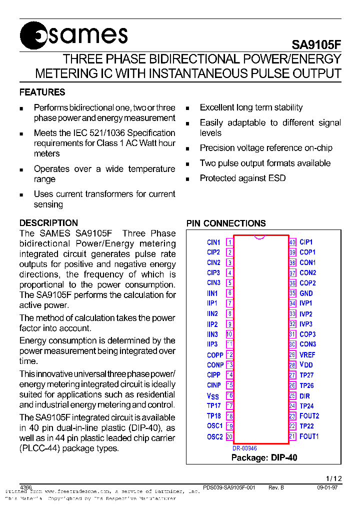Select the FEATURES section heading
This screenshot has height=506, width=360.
(x=42, y=92)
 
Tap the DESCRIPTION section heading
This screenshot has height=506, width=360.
(x=48, y=223)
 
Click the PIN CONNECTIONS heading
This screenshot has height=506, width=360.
(x=226, y=223)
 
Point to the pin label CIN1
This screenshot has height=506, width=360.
(x=213, y=242)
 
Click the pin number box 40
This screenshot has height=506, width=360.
(x=292, y=242)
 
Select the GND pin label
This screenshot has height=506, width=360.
(x=306, y=293)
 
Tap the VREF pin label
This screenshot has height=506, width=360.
(x=307, y=355)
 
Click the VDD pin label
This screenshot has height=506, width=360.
(x=306, y=365)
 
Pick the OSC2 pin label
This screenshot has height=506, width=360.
(x=215, y=437)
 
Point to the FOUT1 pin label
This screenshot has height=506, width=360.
(x=309, y=436)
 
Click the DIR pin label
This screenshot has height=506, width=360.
(x=305, y=396)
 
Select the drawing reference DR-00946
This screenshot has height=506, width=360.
(x=244, y=448)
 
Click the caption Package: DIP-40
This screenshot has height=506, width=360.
(x=264, y=457)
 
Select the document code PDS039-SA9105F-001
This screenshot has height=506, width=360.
(x=229, y=487)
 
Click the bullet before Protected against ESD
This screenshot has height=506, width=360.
(x=187, y=179)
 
